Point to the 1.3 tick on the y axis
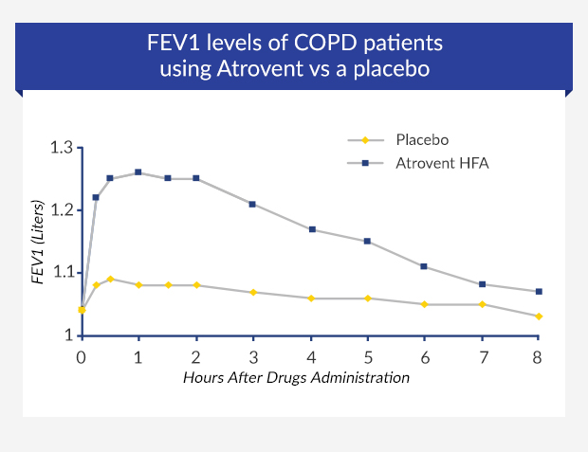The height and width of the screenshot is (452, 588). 62,148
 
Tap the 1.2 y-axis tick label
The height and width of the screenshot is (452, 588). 62,210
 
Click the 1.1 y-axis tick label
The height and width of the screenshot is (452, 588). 62,273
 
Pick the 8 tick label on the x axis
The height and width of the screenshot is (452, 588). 539,357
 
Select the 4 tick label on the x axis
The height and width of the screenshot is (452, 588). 310,357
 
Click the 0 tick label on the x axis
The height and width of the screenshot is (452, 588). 82,357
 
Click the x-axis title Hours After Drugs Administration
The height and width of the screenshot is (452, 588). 296,377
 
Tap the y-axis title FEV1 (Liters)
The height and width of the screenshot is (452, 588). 39,241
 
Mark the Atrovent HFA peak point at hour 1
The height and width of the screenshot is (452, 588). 138,172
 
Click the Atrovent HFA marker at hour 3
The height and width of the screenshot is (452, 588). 253,204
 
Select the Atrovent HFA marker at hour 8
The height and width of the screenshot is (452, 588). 539,291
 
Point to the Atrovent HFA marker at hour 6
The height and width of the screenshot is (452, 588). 424,266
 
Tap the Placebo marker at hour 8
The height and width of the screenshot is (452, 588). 539,316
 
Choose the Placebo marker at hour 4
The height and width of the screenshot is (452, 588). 310,298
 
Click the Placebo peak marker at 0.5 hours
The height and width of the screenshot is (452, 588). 110,279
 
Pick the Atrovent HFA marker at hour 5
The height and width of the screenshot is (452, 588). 367,241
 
